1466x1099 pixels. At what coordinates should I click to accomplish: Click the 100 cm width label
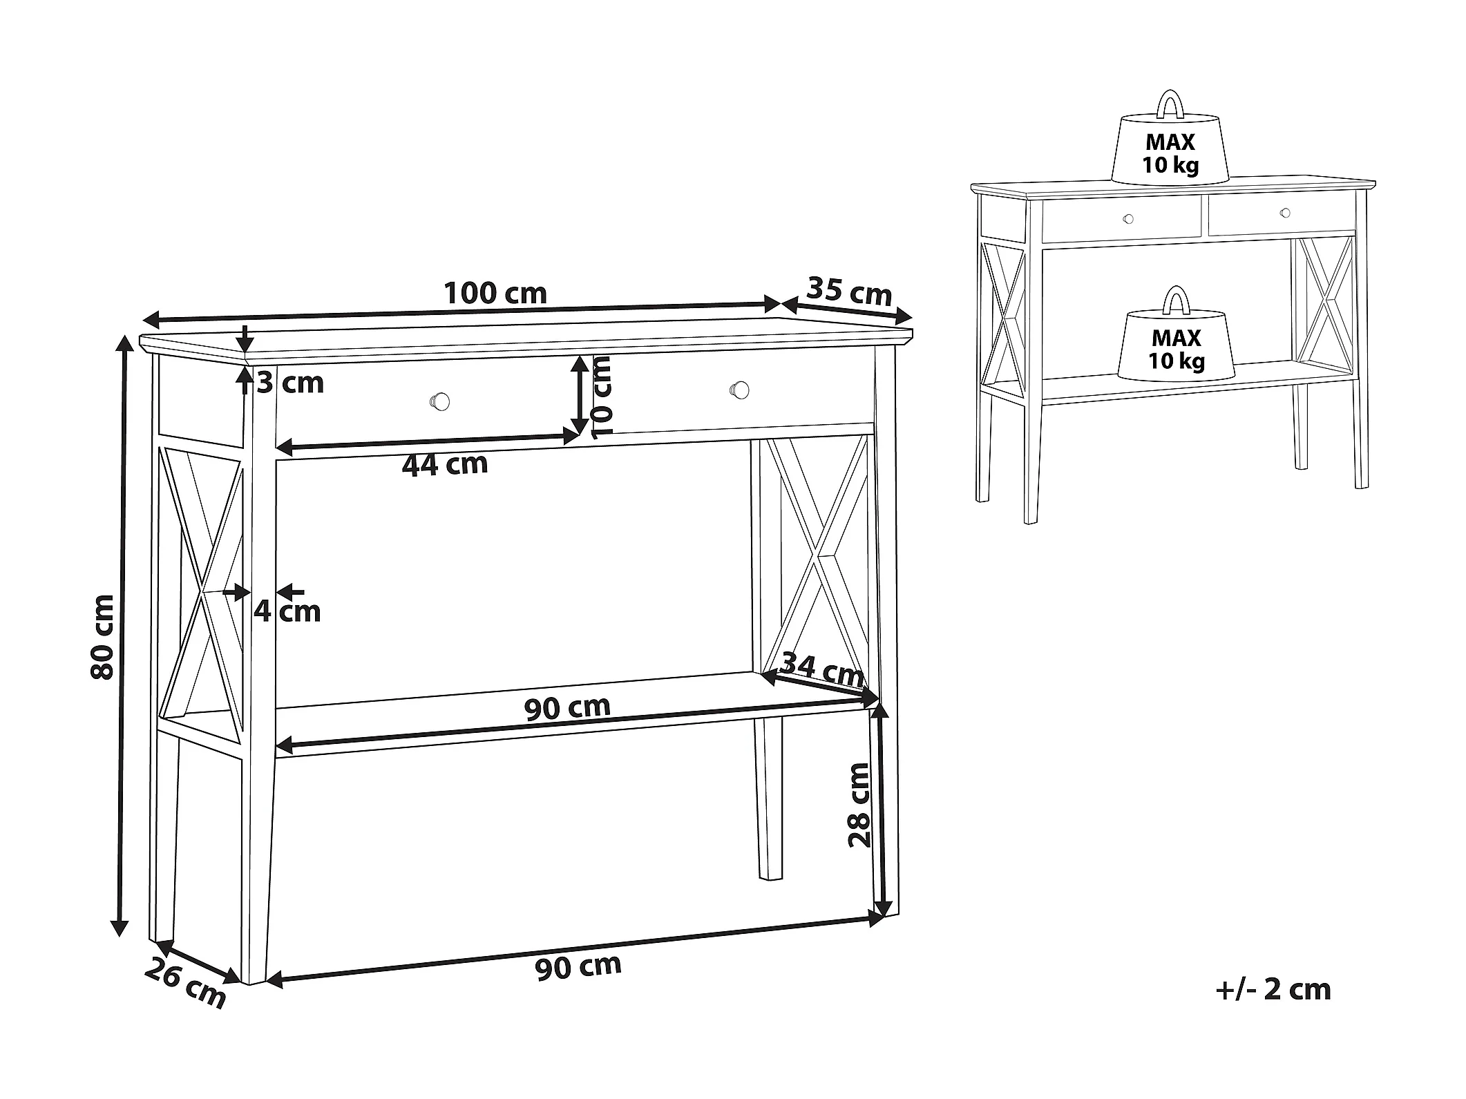495,294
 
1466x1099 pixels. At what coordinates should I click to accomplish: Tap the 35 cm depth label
849,291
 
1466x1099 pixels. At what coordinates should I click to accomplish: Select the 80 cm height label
103,636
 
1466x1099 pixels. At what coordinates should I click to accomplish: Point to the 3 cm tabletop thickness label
290,383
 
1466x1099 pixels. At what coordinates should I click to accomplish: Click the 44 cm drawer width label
445,464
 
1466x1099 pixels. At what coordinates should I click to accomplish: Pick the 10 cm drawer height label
602,397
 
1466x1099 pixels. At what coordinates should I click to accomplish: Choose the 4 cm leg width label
287,611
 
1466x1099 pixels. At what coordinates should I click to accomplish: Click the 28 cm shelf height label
859,805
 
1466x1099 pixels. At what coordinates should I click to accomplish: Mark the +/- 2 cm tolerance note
1273,989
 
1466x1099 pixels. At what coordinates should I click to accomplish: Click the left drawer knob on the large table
440,401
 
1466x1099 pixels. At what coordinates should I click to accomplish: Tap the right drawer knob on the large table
739,389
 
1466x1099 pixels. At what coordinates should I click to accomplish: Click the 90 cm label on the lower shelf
567,708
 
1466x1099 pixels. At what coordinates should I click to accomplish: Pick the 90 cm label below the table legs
578,966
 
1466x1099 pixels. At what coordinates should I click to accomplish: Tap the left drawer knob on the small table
1128,220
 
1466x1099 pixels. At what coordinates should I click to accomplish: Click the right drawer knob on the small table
1285,213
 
